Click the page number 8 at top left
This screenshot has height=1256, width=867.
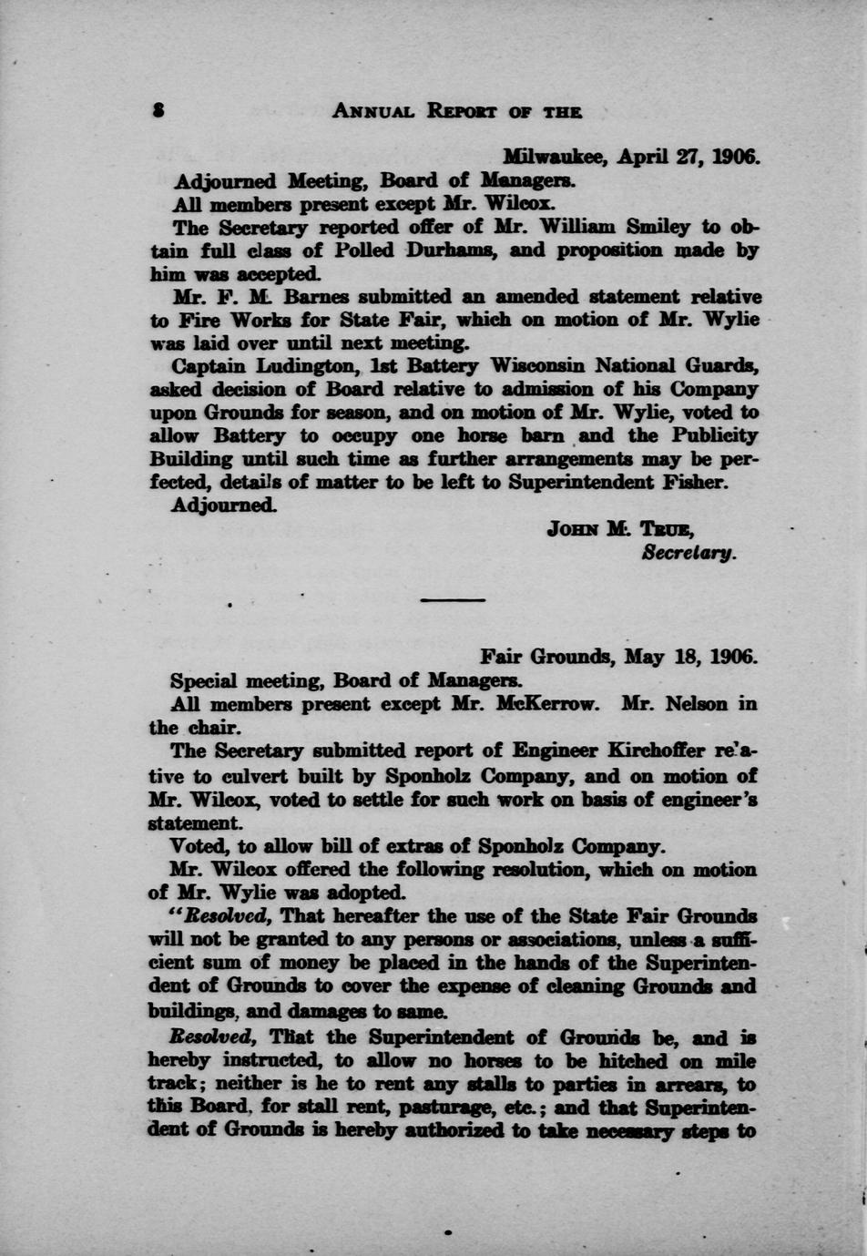click(x=158, y=111)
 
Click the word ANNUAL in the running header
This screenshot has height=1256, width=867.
click(x=373, y=111)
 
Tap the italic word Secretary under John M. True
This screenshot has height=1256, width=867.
click(x=688, y=552)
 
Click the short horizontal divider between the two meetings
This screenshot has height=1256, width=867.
click(x=453, y=599)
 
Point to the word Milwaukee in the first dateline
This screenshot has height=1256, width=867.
click(x=555, y=156)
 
